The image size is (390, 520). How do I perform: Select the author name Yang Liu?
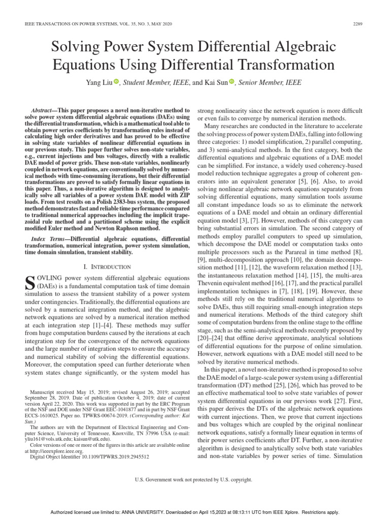(98, 82)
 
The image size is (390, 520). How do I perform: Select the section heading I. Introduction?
(107, 267)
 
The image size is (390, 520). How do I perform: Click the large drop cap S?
(29, 282)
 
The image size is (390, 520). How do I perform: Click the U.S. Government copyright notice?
(194, 479)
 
